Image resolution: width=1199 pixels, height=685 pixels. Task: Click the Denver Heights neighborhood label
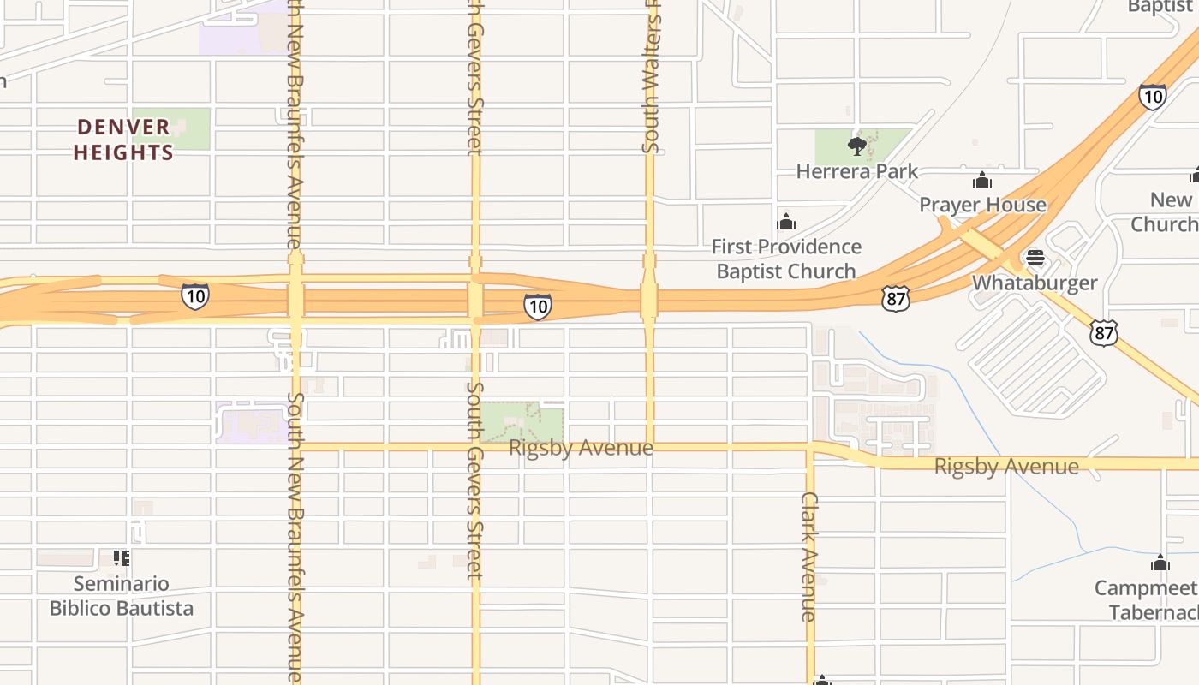pyautogui.click(x=123, y=140)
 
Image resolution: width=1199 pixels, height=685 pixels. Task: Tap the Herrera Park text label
pyautogui.click(x=856, y=171)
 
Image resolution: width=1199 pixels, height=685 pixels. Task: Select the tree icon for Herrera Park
pyautogui.click(x=856, y=146)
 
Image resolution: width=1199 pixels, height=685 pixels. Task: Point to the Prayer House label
pyautogui.click(x=982, y=205)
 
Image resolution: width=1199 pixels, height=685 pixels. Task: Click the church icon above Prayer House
pyautogui.click(x=982, y=181)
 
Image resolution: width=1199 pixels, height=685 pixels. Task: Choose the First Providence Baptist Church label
pyautogui.click(x=786, y=259)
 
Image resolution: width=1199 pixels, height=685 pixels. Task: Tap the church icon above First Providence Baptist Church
pyautogui.click(x=786, y=223)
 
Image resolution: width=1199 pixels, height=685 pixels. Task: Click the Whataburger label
pyautogui.click(x=1035, y=283)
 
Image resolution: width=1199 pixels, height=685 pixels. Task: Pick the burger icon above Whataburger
pyautogui.click(x=1035, y=258)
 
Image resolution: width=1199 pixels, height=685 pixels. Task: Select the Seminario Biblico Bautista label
pyautogui.click(x=122, y=596)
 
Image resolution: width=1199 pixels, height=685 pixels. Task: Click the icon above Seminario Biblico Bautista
pyautogui.click(x=122, y=558)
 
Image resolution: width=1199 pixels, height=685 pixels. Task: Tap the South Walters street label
pyautogui.click(x=651, y=77)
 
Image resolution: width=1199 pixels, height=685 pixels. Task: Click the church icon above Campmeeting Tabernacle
pyautogui.click(x=1160, y=563)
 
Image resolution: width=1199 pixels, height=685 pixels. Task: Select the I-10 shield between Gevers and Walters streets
pyautogui.click(x=538, y=307)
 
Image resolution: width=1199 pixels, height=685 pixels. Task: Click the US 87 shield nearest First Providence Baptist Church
pyautogui.click(x=895, y=298)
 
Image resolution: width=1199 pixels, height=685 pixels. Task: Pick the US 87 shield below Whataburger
pyautogui.click(x=1103, y=332)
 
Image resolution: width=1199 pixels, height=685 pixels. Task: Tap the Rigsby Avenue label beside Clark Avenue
pyautogui.click(x=1006, y=467)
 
